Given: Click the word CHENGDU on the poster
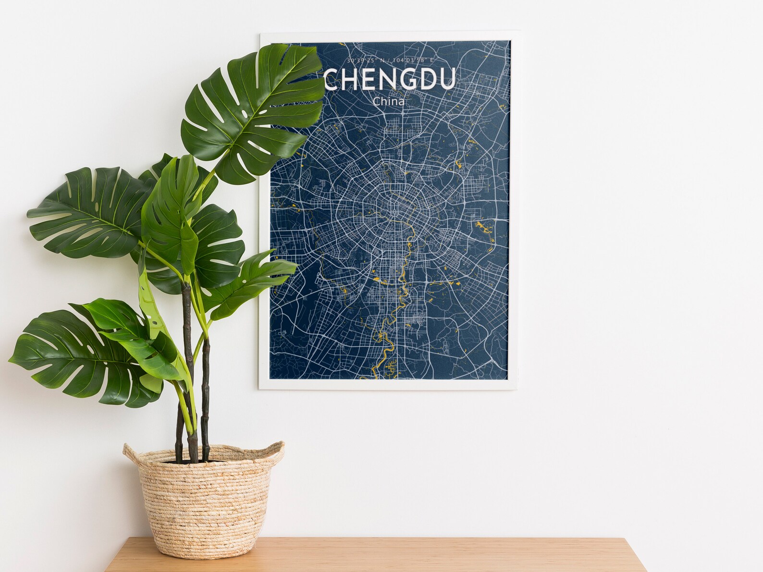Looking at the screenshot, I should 389,80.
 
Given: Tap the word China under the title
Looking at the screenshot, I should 388,102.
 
